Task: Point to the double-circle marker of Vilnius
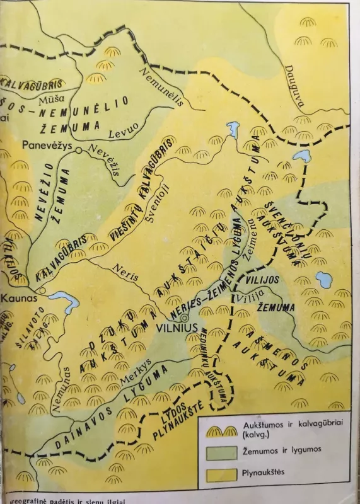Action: click(185, 318)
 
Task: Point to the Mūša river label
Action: click(52, 99)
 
